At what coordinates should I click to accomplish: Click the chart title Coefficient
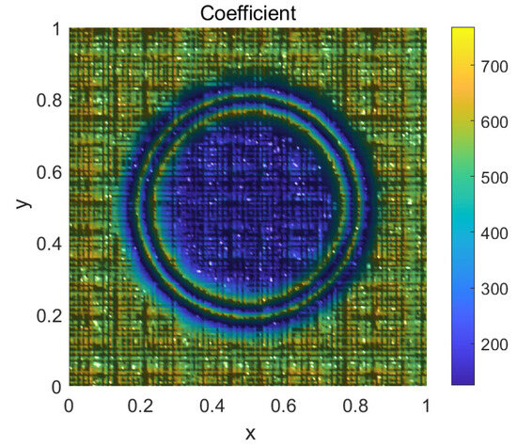click(x=246, y=12)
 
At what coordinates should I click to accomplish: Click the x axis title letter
click(x=249, y=433)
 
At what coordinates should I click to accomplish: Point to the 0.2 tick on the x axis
click(x=139, y=406)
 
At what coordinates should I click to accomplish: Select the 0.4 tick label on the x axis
click(x=211, y=406)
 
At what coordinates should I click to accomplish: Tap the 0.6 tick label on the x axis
click(x=282, y=406)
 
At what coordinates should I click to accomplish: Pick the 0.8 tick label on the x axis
click(x=353, y=406)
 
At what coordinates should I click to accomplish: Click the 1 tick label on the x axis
click(x=426, y=406)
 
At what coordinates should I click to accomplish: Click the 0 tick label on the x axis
click(x=68, y=406)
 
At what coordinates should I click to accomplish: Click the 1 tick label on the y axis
click(x=55, y=29)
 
